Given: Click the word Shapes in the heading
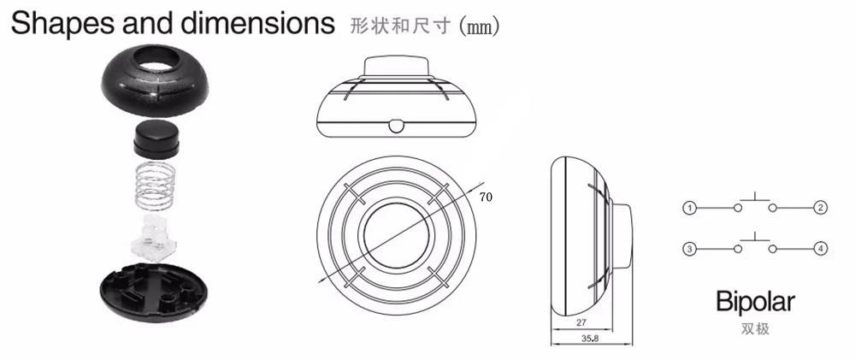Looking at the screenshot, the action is [x=59, y=23].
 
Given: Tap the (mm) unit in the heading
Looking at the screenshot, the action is [x=480, y=25].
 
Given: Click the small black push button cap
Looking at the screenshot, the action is [x=153, y=137].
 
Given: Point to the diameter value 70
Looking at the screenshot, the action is [x=485, y=197].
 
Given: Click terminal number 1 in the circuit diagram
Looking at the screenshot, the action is [x=688, y=208].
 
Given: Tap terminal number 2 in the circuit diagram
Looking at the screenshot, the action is [x=820, y=208].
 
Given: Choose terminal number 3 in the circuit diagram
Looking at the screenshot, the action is [x=688, y=249].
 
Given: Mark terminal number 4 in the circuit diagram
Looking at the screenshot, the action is [x=820, y=249].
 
